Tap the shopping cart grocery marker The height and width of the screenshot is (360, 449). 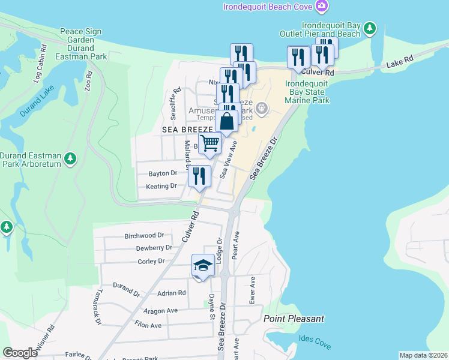(210, 143)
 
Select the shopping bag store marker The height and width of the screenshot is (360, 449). (228, 122)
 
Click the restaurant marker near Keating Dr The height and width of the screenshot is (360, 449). (199, 176)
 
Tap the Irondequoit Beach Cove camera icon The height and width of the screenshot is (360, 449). (323, 7)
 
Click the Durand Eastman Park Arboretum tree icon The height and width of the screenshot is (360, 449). (71, 158)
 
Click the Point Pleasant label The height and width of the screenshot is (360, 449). (294, 319)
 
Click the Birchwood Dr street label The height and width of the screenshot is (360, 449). (144, 236)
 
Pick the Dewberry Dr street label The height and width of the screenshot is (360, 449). (154, 248)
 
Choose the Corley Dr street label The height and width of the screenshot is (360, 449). (151, 261)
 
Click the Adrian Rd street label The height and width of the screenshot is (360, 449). (172, 293)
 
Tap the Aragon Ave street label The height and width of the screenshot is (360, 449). (161, 311)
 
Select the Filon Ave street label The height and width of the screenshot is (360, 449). (148, 325)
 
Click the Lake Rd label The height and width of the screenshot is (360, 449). (400, 62)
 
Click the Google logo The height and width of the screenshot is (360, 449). (20, 352)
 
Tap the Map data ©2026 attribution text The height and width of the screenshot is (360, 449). (423, 355)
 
